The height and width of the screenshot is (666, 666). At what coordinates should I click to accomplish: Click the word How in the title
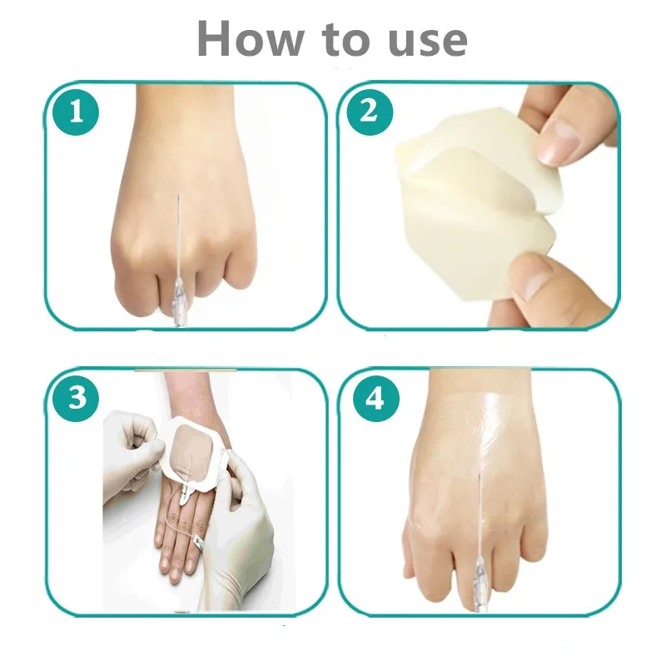(251, 38)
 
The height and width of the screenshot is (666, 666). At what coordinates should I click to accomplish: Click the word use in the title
(428, 42)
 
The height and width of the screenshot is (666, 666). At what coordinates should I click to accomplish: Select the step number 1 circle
(76, 112)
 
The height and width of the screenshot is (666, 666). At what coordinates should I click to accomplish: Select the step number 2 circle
(370, 112)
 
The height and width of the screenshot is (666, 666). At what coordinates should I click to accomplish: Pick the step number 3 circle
(76, 399)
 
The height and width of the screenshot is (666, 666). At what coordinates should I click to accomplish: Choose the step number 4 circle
(376, 399)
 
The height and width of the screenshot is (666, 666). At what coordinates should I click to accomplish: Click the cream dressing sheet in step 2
(476, 208)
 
